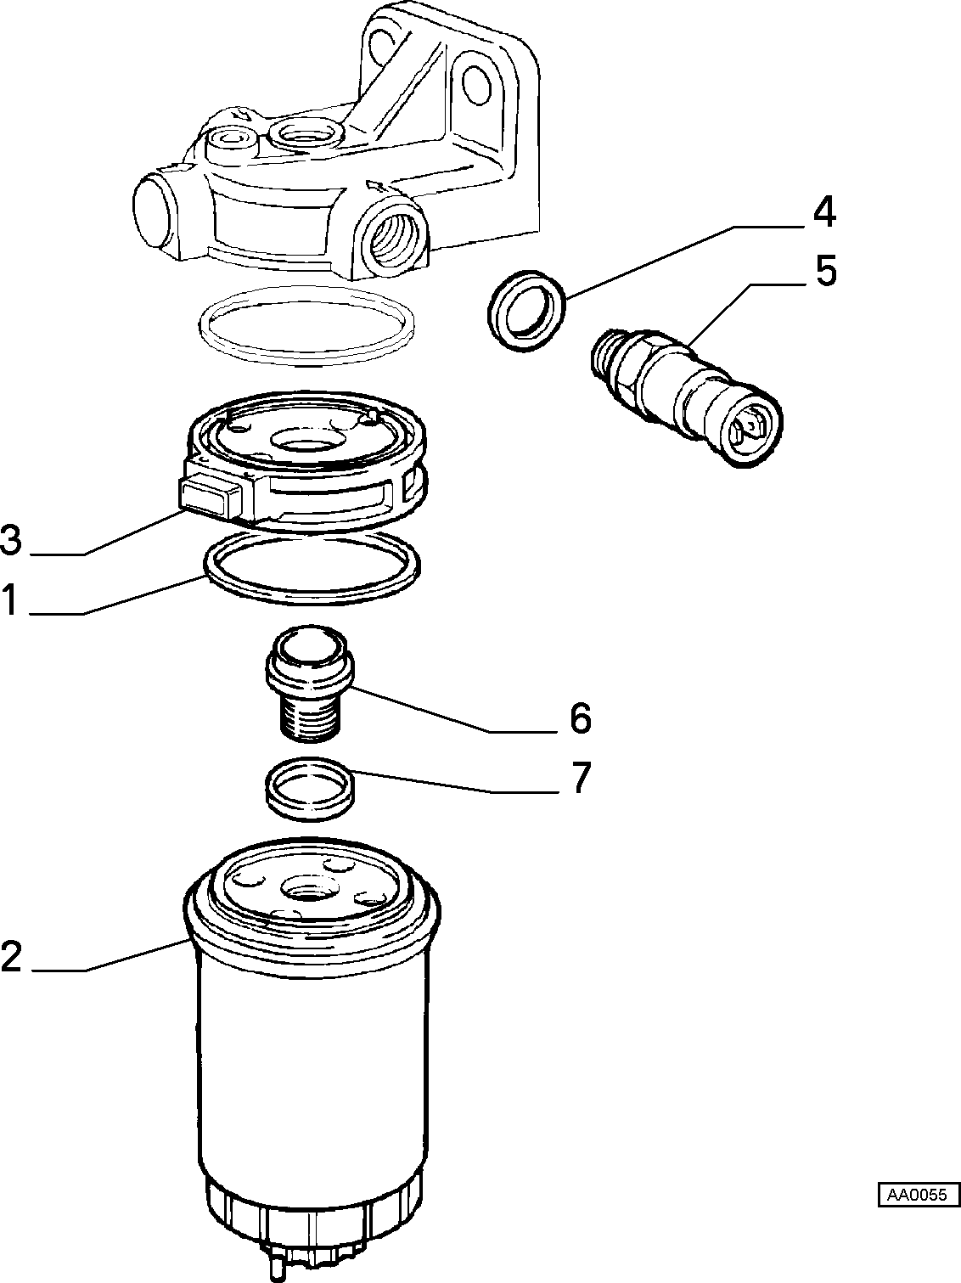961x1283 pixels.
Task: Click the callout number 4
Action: click(824, 213)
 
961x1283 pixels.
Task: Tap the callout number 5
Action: click(825, 270)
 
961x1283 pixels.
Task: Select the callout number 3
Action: click(10, 540)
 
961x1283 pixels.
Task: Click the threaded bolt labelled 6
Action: click(310, 684)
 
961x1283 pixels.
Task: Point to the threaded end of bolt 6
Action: click(310, 720)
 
